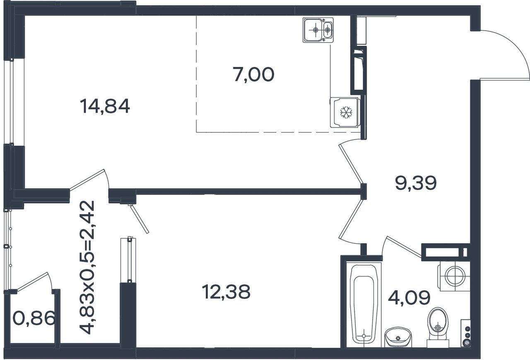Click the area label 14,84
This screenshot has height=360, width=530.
tap(105, 106)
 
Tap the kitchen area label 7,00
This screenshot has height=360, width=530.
tap(253, 74)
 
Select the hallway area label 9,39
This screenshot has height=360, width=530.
tap(416, 183)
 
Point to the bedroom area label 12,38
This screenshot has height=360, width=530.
tap(226, 292)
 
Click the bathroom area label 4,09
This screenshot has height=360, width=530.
tap(409, 298)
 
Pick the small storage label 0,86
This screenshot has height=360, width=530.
tap(34, 318)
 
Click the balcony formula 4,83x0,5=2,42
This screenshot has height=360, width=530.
tap(87, 267)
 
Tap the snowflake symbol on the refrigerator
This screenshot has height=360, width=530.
tap(346, 113)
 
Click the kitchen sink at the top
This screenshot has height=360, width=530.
tap(318, 30)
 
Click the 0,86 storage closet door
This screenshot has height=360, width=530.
tap(32, 281)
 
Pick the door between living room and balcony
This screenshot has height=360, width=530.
tap(87, 179)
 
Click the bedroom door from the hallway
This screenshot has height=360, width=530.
tap(351, 219)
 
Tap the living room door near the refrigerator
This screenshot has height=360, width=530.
tap(351, 164)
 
